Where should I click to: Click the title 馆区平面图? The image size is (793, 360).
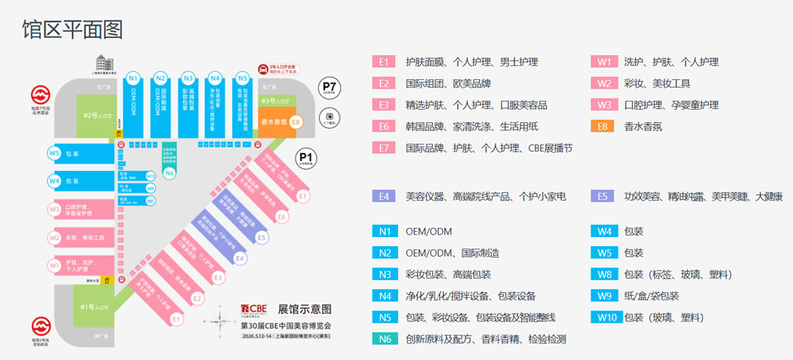73,30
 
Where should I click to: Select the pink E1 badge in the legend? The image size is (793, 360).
383,62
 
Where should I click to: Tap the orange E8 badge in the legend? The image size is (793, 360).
603,126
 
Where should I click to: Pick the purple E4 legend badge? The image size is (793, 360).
383,197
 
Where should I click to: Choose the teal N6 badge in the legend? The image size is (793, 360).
383,339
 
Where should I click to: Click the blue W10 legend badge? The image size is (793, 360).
603,317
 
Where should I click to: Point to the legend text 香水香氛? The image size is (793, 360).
643,126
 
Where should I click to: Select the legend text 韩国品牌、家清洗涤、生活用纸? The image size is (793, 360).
472,126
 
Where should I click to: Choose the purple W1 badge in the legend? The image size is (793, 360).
603,62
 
